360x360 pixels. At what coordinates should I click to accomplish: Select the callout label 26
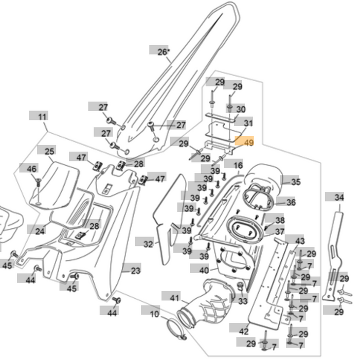(162, 51)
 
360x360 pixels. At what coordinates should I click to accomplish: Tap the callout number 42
(243, 331)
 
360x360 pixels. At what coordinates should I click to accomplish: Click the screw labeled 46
(39, 181)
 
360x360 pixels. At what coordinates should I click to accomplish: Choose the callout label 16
(237, 165)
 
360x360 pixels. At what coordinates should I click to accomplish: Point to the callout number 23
(135, 271)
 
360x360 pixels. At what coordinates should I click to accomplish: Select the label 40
(203, 270)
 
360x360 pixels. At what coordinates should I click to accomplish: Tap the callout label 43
(299, 241)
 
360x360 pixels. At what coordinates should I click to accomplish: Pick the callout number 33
(242, 301)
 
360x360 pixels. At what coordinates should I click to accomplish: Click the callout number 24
(40, 231)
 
